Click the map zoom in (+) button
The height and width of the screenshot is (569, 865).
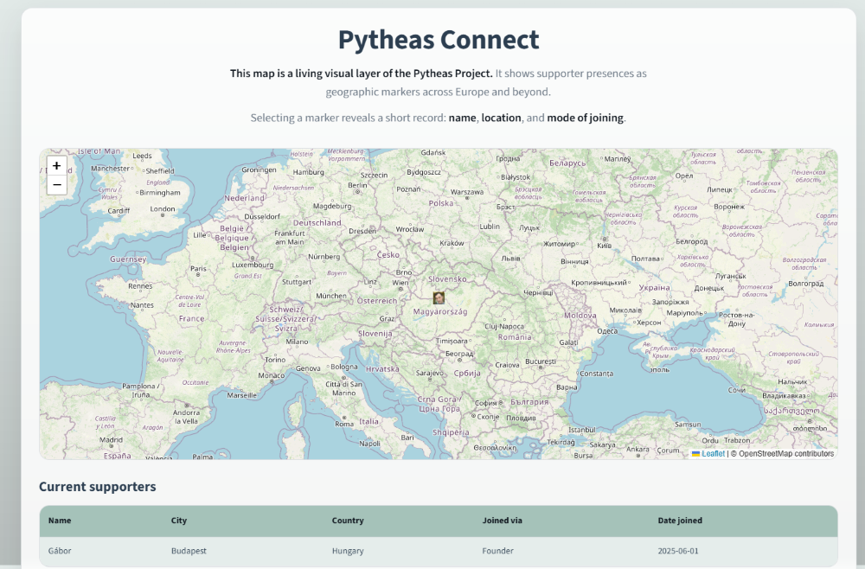click(x=56, y=165)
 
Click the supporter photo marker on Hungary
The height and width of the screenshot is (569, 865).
click(x=439, y=297)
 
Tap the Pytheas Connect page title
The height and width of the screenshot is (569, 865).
click(x=438, y=40)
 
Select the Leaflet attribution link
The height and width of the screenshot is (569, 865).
click(x=713, y=453)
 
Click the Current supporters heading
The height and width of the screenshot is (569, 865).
click(x=97, y=487)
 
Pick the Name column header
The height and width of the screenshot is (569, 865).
click(x=60, y=521)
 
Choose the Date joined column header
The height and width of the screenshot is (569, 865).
click(x=680, y=521)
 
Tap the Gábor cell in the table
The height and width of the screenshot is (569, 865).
click(x=60, y=551)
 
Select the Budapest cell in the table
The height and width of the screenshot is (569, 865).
click(x=189, y=551)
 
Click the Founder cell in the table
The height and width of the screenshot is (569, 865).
click(x=497, y=551)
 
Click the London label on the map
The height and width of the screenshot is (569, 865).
click(x=163, y=208)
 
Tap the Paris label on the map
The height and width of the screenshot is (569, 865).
click(x=198, y=268)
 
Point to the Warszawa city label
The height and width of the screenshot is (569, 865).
click(x=467, y=191)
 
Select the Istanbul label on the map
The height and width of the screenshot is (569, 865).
click(x=582, y=429)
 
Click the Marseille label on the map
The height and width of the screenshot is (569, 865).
click(x=242, y=395)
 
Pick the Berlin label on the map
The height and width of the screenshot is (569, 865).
click(x=357, y=185)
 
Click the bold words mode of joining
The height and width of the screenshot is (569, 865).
click(x=585, y=118)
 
